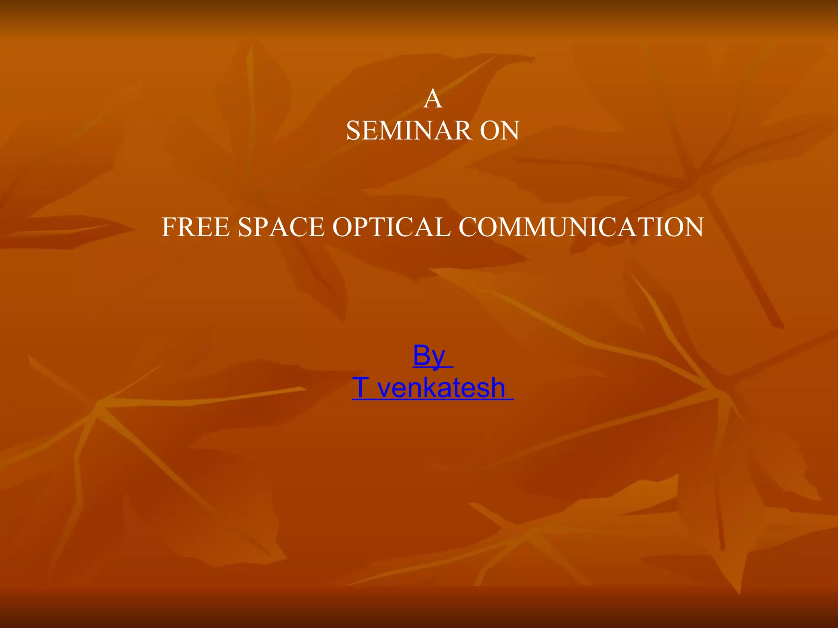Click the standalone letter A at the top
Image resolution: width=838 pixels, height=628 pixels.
433,99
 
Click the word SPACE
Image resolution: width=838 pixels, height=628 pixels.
281,227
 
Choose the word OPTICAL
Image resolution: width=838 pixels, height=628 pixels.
392,227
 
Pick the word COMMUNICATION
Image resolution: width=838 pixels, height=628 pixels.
581,227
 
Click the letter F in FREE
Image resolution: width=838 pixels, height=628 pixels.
169,227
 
